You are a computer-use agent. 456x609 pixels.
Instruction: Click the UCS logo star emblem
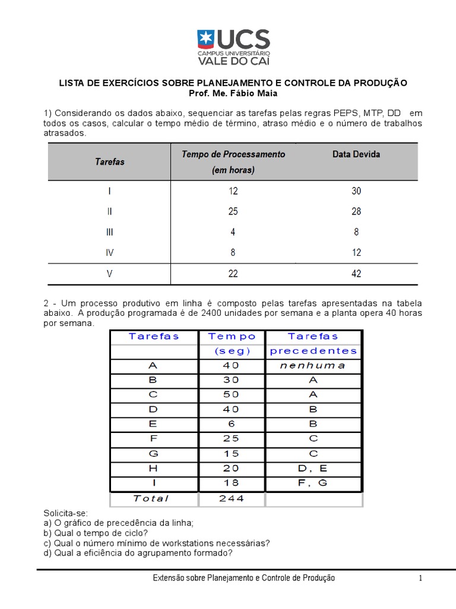207,40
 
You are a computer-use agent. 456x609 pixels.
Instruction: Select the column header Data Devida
356,154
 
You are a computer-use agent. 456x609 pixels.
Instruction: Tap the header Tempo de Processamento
233,154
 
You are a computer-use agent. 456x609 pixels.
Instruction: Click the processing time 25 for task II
233,211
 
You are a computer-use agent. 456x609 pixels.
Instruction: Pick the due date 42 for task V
356,274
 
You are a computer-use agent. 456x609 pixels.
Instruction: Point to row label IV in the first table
110,252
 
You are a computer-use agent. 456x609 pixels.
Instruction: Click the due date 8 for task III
356,233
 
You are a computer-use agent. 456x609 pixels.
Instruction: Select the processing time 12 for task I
233,191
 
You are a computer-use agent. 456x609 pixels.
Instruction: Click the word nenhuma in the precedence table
313,365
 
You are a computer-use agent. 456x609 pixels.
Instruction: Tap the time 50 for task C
232,394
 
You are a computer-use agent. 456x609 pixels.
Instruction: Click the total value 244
232,498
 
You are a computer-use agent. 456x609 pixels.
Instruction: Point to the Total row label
151,498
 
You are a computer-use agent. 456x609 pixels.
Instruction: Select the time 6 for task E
232,424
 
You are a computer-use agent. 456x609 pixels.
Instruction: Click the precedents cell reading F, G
313,483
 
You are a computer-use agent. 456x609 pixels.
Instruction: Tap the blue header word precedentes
313,351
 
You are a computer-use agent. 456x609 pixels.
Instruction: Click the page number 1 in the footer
420,578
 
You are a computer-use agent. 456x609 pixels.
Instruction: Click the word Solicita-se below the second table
65,513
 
